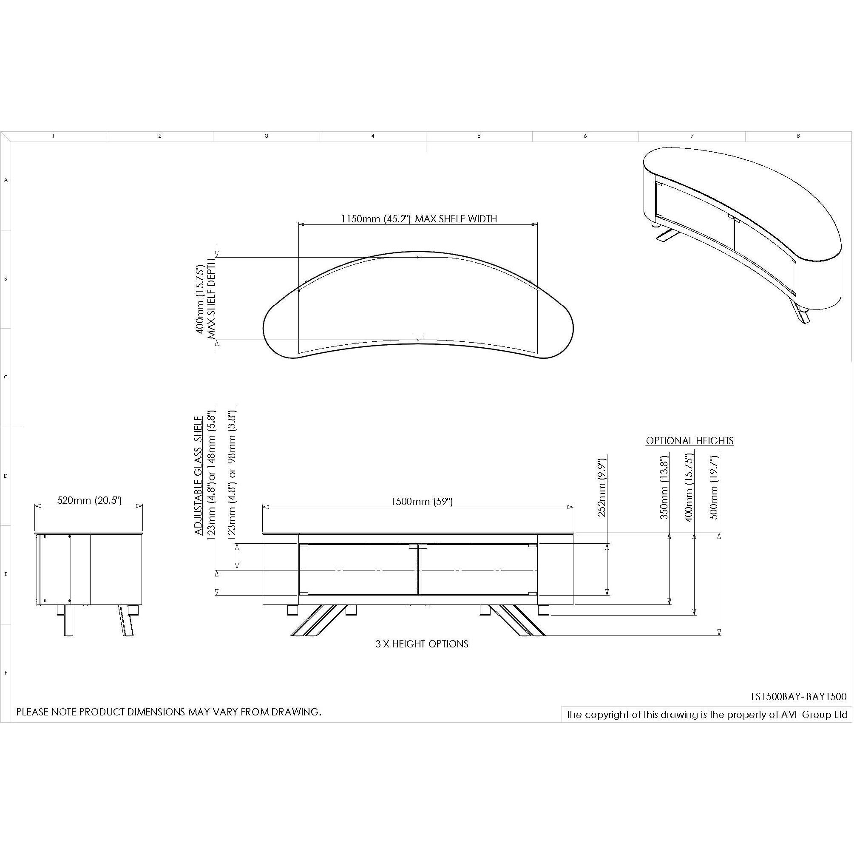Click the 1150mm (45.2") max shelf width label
(419, 219)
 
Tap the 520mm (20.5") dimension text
(89, 500)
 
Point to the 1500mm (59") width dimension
(422, 501)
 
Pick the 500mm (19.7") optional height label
(713, 488)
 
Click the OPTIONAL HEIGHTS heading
(689, 441)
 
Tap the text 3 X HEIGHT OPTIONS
(422, 644)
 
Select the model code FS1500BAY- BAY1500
(799, 697)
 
